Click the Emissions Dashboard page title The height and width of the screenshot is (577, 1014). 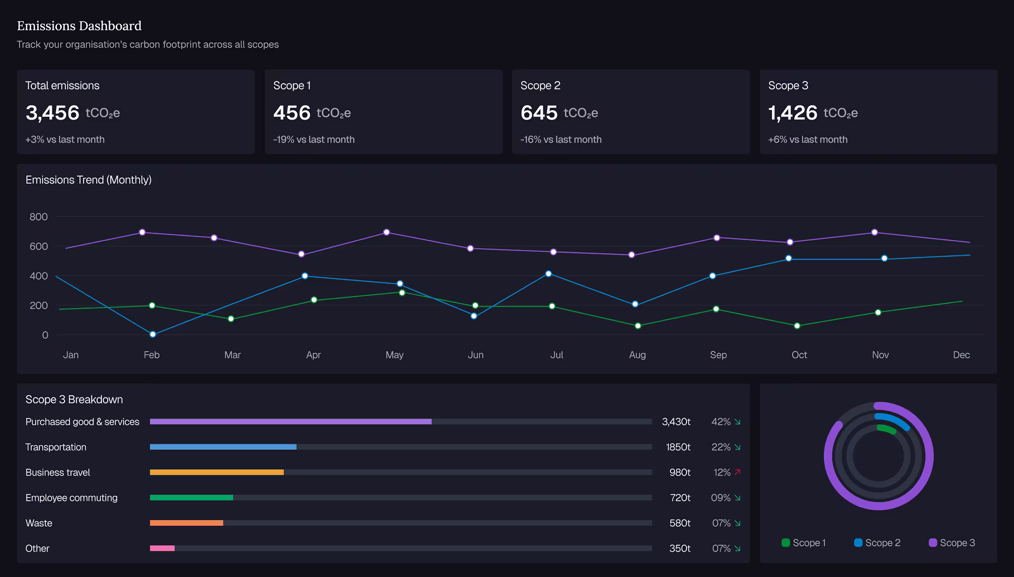click(79, 26)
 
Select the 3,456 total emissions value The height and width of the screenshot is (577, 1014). click(52, 113)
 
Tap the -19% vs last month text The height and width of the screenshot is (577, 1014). click(314, 139)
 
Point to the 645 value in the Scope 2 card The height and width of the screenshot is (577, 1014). click(539, 113)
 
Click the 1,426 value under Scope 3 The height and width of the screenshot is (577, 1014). click(793, 113)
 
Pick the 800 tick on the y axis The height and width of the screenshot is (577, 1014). click(38, 217)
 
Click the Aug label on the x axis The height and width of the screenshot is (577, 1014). click(637, 355)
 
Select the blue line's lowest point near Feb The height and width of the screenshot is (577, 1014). click(153, 335)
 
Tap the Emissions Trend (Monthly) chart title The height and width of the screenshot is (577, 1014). click(88, 180)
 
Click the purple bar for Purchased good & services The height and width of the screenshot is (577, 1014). click(291, 422)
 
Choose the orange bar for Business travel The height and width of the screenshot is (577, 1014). click(217, 472)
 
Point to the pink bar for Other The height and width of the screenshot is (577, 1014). click(162, 548)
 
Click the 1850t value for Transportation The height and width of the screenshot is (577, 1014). click(678, 447)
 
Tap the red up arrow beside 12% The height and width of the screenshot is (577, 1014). click(738, 472)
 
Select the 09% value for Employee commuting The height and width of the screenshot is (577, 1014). click(721, 498)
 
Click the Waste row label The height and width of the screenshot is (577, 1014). click(39, 523)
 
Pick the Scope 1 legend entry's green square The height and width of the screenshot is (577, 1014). click(786, 543)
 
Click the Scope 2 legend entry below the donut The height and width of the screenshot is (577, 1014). click(877, 543)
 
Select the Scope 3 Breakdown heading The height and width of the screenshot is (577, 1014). click(74, 400)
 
